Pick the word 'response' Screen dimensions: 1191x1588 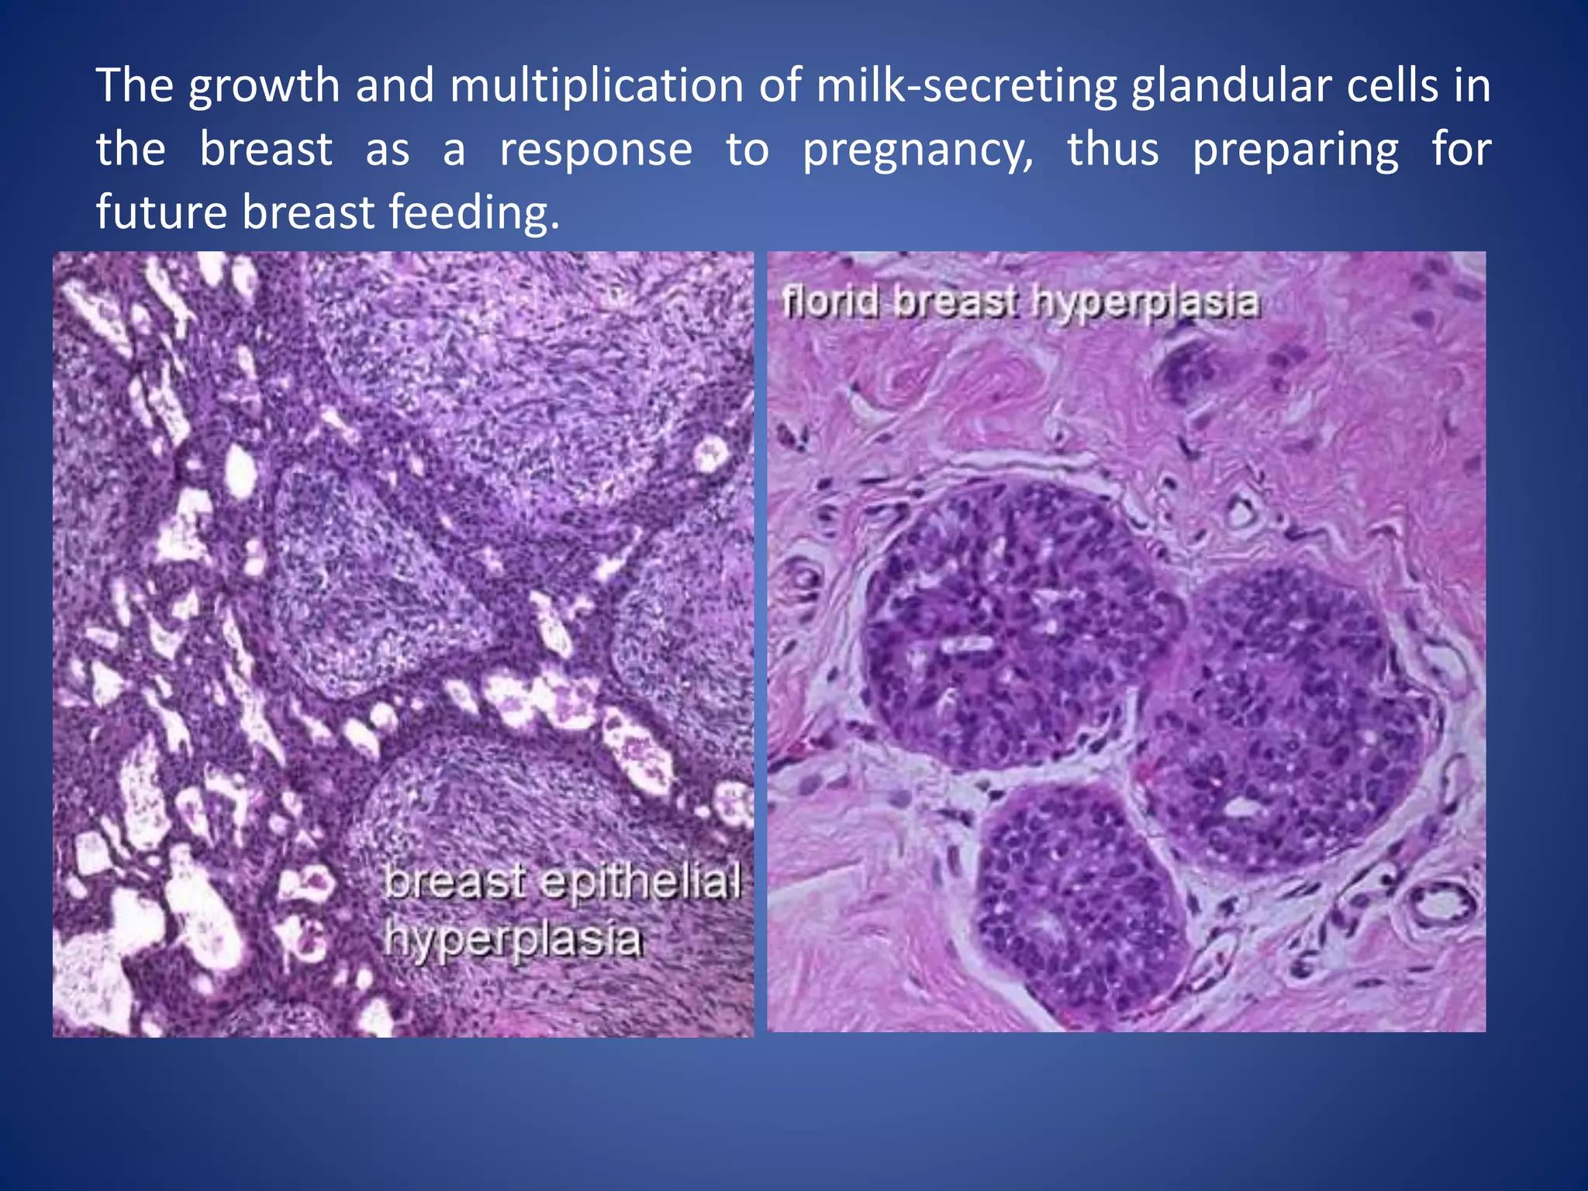pyautogui.click(x=595, y=150)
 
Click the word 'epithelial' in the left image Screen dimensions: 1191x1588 pyautogui.click(x=640, y=882)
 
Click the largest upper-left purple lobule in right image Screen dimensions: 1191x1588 pyautogui.click(x=1008, y=620)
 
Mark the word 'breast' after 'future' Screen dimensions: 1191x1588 pyautogui.click(x=308, y=212)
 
